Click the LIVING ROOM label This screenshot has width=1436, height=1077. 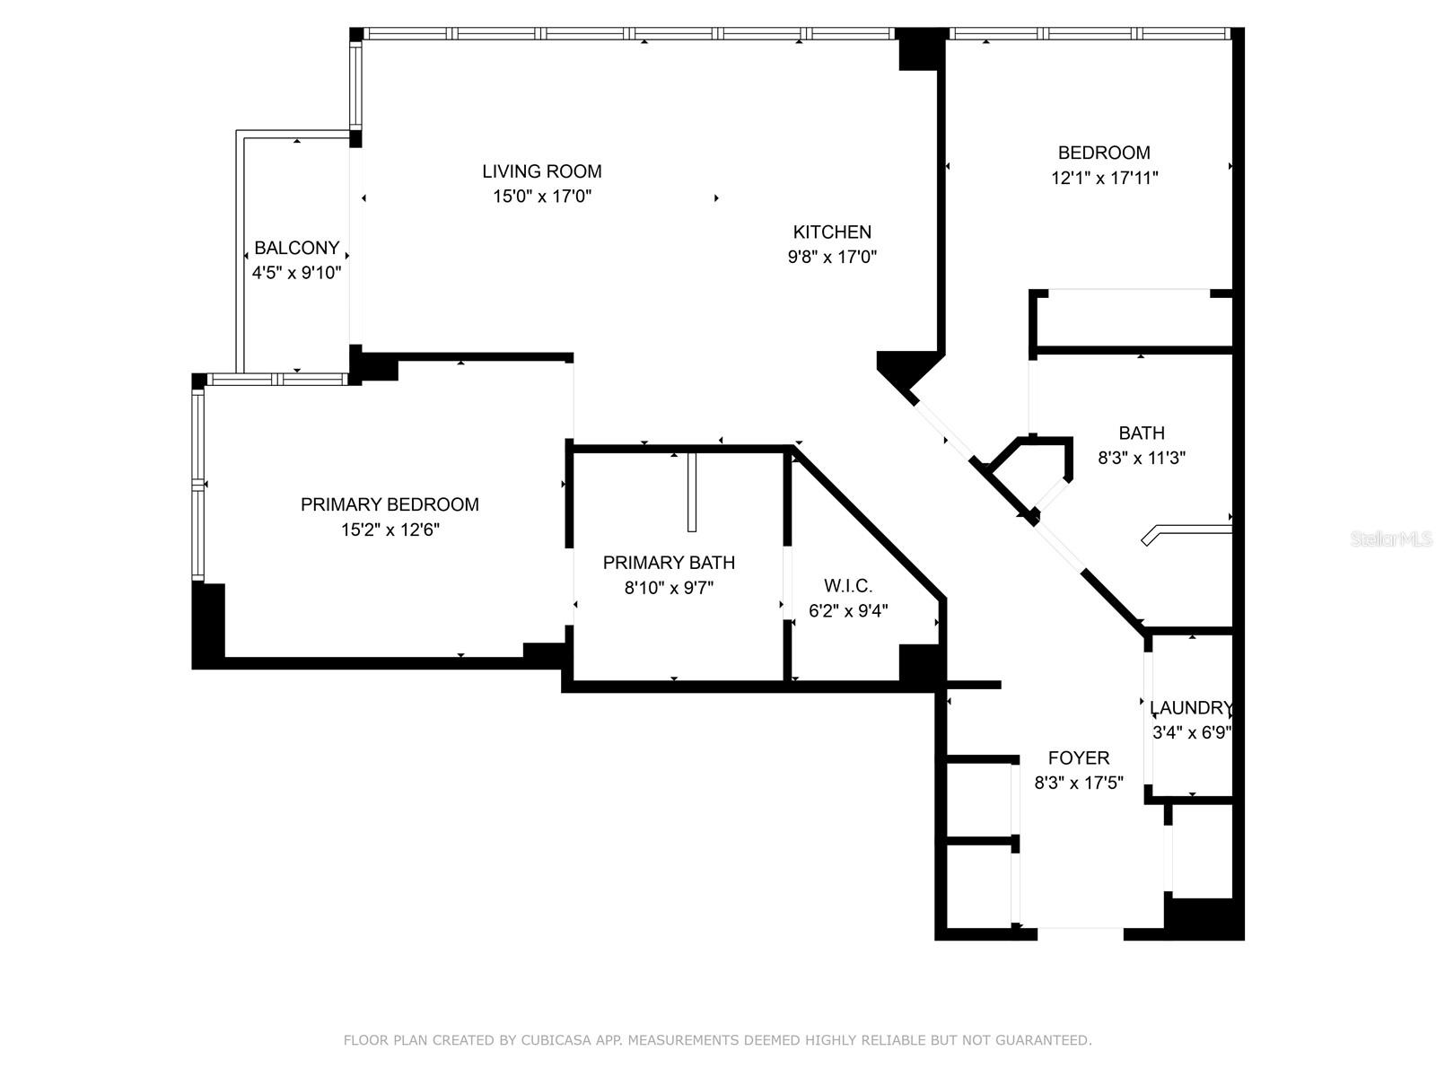541,171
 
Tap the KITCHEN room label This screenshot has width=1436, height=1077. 832,232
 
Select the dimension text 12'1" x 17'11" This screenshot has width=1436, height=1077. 1104,179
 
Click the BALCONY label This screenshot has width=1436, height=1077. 296,249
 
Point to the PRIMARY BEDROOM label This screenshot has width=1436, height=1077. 390,504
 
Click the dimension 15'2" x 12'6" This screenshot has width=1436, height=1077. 390,530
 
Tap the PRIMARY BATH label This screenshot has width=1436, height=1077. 669,563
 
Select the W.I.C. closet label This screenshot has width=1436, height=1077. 848,586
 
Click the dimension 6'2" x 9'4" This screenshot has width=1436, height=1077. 848,611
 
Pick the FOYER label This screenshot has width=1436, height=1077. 1079,757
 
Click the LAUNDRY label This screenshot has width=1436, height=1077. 1191,707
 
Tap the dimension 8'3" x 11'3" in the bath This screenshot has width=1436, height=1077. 1142,459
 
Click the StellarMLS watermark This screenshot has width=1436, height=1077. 1390,539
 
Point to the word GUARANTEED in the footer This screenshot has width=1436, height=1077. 1046,1040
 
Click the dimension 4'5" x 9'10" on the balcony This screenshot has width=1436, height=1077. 296,273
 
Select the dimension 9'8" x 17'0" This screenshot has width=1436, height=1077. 832,258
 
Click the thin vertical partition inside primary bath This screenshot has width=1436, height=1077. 692,492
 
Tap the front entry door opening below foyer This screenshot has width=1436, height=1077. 1080,933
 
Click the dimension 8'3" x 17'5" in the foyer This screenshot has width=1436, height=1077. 1079,783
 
